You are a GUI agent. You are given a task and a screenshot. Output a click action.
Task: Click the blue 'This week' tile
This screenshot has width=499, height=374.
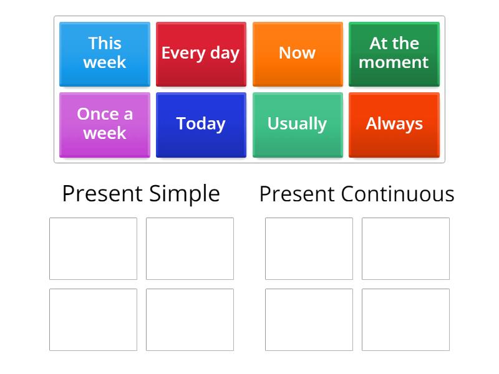pos(105,54)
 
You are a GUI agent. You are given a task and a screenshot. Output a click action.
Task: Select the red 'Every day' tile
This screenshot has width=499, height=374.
pos(201,54)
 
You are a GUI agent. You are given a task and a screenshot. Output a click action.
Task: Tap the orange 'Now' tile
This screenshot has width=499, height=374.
pos(298,54)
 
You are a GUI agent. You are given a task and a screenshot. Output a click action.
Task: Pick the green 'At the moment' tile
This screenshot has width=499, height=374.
pos(394,54)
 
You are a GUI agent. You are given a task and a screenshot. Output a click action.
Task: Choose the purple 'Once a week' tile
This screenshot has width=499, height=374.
pos(105,124)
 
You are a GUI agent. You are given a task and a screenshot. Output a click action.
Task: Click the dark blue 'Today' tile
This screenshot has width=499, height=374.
pos(201,124)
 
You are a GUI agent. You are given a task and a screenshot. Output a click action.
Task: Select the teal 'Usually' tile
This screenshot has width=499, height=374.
pos(298,124)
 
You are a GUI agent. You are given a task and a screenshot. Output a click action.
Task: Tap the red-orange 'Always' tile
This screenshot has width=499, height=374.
pos(394,124)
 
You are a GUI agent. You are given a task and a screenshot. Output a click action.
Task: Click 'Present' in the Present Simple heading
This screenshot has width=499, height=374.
pos(102,194)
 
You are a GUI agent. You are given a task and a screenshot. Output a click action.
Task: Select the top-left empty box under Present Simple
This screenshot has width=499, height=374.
pos(93,249)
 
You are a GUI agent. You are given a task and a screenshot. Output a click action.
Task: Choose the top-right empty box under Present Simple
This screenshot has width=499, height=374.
pos(190,249)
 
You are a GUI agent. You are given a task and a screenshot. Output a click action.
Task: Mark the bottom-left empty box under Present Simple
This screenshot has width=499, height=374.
pos(93,319)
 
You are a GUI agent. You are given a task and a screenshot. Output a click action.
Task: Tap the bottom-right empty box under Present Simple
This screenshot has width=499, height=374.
pos(190,319)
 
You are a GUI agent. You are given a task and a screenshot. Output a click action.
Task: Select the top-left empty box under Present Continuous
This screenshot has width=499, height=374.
pos(309,249)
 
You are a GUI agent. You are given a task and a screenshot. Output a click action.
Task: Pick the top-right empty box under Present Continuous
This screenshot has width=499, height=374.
pos(405,249)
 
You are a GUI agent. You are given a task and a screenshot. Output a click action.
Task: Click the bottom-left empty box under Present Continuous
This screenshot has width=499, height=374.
pos(309,319)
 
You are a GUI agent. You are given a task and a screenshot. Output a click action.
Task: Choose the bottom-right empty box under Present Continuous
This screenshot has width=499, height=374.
pos(405,319)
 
